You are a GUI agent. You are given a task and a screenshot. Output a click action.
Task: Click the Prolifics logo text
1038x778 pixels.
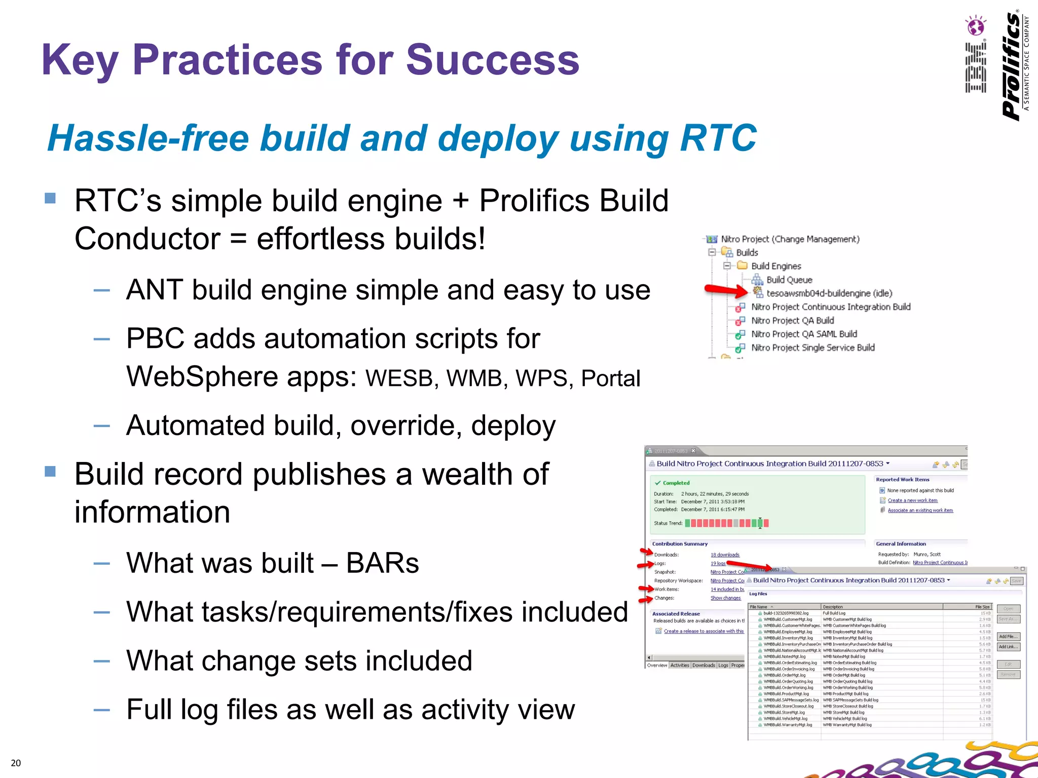click(1012, 66)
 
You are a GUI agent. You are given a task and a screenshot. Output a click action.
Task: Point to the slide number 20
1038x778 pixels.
click(16, 763)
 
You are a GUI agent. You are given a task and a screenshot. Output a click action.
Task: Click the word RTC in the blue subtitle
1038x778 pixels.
click(718, 138)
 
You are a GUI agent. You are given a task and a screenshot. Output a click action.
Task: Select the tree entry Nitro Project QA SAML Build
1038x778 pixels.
click(804, 334)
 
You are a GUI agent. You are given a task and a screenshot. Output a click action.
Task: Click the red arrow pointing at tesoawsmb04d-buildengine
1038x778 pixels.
click(725, 290)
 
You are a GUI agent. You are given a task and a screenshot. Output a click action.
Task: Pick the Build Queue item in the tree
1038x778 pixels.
click(789, 280)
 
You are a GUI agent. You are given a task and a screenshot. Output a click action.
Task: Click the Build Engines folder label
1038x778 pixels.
click(776, 266)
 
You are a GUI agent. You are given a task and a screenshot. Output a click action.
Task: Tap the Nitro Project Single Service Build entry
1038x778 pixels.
click(812, 347)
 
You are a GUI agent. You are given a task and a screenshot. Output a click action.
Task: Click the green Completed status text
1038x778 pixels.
click(676, 483)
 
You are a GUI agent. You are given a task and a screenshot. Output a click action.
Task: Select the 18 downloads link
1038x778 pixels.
click(725, 555)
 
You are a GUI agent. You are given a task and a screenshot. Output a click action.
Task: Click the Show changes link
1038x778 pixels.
click(725, 598)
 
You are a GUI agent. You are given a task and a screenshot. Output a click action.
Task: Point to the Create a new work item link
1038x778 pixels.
click(912, 500)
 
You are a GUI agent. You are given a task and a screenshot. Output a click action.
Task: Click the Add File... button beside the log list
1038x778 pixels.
click(1008, 636)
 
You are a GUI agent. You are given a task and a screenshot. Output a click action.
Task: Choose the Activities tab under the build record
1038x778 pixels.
click(680, 665)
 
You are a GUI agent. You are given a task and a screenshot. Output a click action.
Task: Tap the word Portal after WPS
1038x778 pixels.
click(611, 378)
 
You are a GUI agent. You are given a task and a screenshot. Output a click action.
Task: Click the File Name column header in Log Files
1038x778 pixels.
click(759, 606)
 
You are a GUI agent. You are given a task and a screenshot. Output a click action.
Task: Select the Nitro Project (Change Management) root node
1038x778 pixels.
click(790, 239)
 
